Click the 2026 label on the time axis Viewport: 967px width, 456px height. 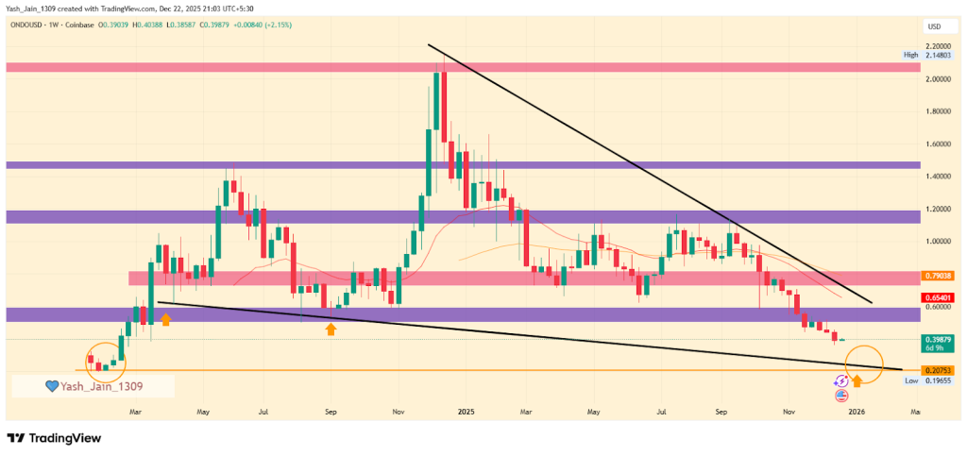[857, 413]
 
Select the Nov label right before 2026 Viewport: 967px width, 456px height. [789, 413]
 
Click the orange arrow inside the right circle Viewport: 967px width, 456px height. [857, 380]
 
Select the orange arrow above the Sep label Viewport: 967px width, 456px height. [331, 329]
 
